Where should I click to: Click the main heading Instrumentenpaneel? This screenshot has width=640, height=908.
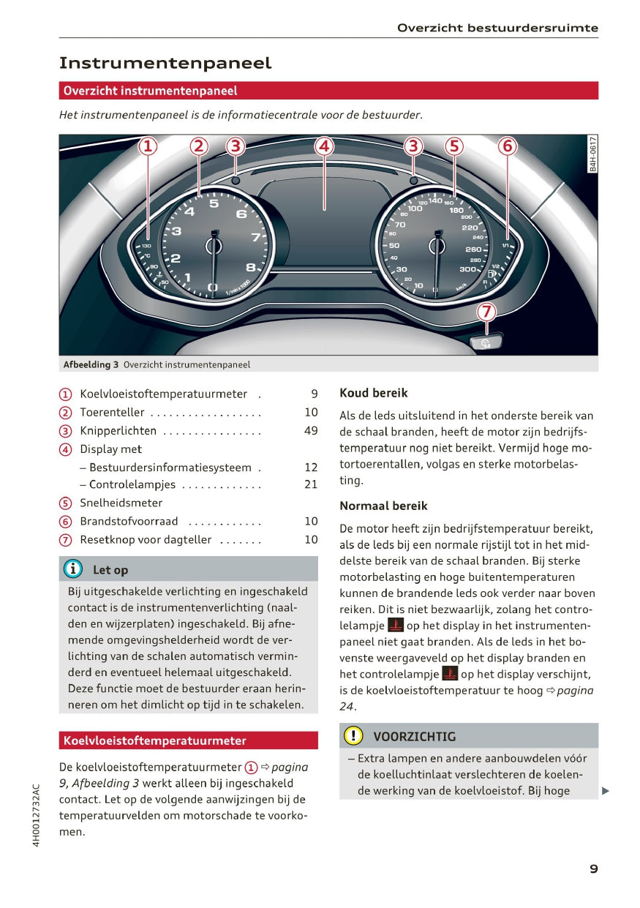pyautogui.click(x=165, y=63)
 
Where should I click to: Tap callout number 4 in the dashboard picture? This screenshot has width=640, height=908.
pyautogui.click(x=324, y=146)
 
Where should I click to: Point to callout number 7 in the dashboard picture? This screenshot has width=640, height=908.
pyautogui.click(x=486, y=312)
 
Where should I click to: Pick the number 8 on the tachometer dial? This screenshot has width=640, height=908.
pyautogui.click(x=250, y=267)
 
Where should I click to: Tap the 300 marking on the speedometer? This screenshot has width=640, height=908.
pyautogui.click(x=468, y=269)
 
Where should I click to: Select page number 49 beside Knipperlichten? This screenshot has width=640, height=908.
pyautogui.click(x=311, y=431)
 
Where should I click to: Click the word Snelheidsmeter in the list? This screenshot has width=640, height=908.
pyautogui.click(x=121, y=503)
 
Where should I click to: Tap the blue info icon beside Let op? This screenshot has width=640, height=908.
pyautogui.click(x=73, y=569)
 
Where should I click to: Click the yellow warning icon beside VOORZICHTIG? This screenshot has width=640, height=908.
pyautogui.click(x=353, y=736)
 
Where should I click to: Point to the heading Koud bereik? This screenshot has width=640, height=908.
pyautogui.click(x=373, y=393)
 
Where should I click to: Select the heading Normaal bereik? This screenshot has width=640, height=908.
pyautogui.click(x=383, y=506)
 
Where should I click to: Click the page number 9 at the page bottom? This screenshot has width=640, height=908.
pyautogui.click(x=593, y=869)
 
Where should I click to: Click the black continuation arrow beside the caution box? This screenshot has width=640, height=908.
pyautogui.click(x=605, y=790)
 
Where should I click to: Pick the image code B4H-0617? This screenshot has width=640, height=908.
pyautogui.click(x=592, y=154)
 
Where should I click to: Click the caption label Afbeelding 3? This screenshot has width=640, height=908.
pyautogui.click(x=91, y=364)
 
